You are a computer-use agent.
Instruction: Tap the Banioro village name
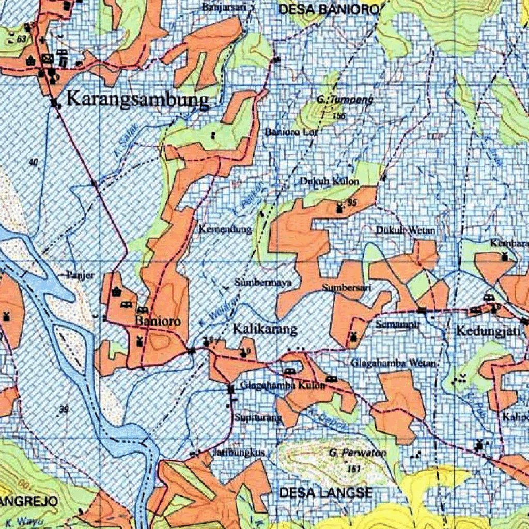[x=158, y=321]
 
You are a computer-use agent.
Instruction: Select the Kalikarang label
[x=266, y=329]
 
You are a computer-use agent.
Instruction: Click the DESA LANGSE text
[x=325, y=493]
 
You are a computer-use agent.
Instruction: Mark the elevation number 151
[x=354, y=469]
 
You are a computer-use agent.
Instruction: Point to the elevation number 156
[x=339, y=116]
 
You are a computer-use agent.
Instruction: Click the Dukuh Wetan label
[x=406, y=229]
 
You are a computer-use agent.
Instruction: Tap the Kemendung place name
[x=225, y=229]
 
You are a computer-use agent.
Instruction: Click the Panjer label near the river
[x=80, y=275]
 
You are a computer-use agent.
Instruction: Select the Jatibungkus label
[x=239, y=453]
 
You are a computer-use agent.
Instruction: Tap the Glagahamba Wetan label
[x=395, y=363]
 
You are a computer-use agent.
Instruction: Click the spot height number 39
[x=64, y=410]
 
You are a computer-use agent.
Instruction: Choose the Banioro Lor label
[x=292, y=132]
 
